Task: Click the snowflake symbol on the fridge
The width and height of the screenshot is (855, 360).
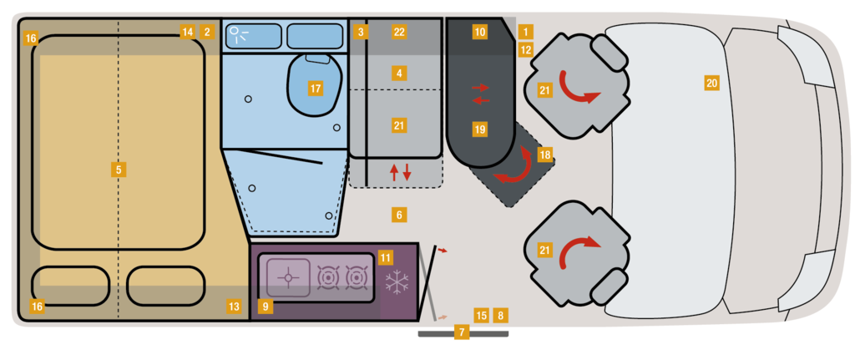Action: click(397, 281)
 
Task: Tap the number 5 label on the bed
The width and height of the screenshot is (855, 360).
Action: click(119, 170)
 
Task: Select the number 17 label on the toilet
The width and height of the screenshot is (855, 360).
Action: click(316, 88)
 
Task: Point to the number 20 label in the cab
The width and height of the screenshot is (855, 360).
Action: click(711, 84)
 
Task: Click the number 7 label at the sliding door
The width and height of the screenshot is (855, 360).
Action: click(462, 332)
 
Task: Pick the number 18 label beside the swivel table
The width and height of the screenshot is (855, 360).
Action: click(544, 155)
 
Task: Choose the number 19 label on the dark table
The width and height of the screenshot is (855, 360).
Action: click(480, 129)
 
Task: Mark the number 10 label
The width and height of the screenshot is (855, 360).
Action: click(480, 32)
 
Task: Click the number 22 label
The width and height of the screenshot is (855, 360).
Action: click(399, 32)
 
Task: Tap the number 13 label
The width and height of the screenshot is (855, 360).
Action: click(234, 307)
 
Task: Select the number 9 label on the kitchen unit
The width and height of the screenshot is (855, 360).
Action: click(266, 307)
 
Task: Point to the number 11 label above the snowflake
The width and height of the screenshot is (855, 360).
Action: click(385, 257)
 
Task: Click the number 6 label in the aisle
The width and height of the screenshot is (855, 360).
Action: click(399, 215)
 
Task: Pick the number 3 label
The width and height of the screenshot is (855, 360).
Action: click(360, 32)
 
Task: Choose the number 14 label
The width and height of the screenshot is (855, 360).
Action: click(187, 32)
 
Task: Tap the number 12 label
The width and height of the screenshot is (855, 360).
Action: click(526, 50)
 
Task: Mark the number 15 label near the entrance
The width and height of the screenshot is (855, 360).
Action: click(481, 315)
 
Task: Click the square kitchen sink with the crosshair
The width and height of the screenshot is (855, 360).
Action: click(288, 277)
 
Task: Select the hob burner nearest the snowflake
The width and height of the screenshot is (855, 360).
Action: click(357, 277)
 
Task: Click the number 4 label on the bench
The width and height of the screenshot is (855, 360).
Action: click(399, 73)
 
